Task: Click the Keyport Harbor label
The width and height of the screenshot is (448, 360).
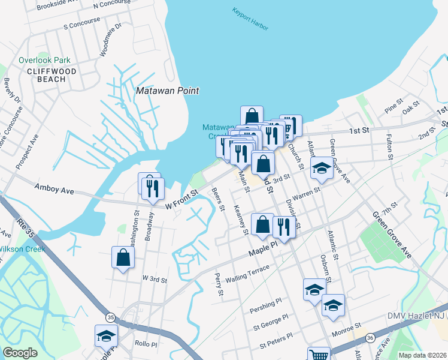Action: point(250,19)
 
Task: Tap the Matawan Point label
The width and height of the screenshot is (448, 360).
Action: point(167,91)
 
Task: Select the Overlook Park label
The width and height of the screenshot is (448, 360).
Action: point(44,60)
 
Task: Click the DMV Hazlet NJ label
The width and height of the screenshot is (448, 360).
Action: point(414,316)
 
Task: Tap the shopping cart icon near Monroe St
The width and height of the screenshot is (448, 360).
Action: point(318,354)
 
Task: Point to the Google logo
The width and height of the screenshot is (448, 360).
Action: point(20,353)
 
